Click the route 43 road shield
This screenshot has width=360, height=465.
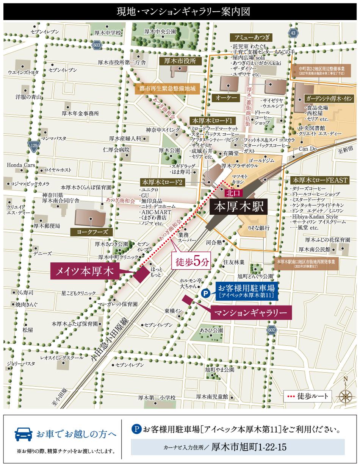(x=293, y=33)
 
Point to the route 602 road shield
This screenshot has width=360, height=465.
(x=271, y=330)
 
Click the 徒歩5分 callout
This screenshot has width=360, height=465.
(x=191, y=262)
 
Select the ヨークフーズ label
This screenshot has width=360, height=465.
(x=89, y=232)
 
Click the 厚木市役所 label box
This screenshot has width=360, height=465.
(x=178, y=61)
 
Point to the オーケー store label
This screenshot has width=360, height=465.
(x=226, y=97)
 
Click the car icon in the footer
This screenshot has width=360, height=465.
(x=23, y=434)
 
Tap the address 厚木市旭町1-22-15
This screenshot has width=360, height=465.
(x=249, y=447)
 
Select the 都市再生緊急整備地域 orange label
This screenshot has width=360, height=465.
(x=167, y=89)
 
